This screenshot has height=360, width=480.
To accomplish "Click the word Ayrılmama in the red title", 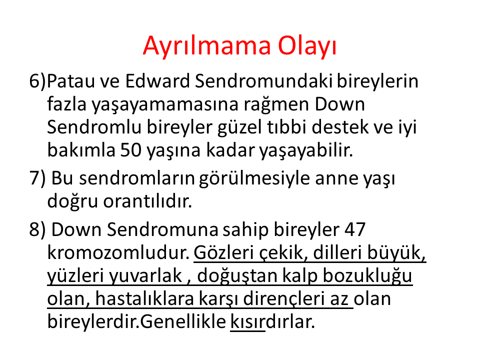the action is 207,46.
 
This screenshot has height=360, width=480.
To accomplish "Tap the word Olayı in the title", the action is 307,46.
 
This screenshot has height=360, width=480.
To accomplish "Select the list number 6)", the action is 37,81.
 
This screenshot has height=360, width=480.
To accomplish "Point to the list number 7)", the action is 37,178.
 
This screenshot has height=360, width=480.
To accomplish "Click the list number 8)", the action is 37,229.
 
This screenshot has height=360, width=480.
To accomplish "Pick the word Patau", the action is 71,81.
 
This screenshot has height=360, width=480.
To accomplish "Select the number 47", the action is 355,229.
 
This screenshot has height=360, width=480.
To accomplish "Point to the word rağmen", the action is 276,105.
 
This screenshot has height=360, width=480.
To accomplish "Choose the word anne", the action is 336,178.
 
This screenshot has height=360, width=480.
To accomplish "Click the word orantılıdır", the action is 147,201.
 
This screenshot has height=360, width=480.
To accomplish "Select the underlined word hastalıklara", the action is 144,298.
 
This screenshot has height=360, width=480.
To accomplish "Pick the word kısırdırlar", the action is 272,321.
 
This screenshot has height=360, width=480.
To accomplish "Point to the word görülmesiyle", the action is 254,179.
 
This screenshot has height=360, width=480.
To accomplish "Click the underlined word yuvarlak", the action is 145,275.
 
